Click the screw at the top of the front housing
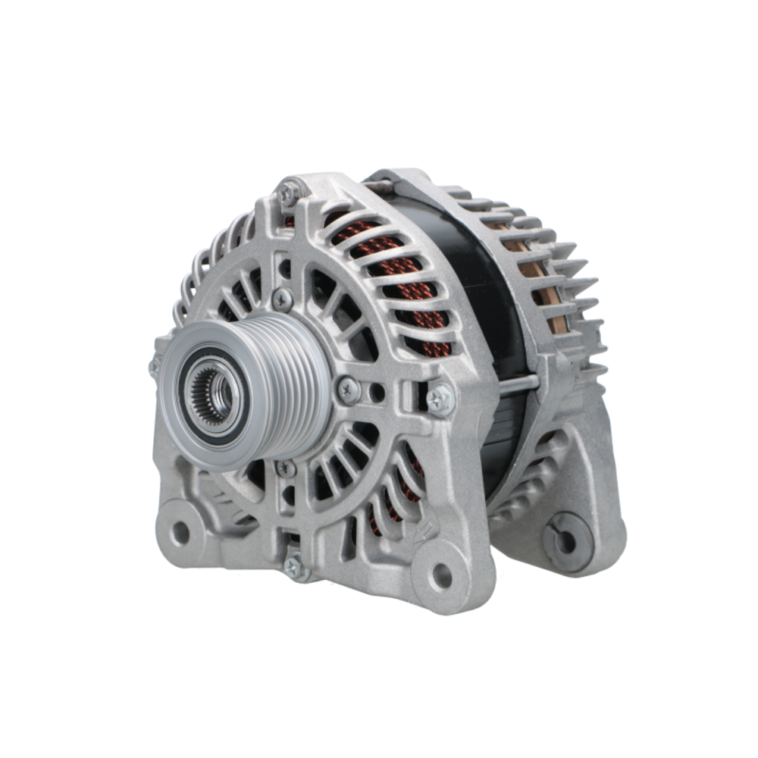pyautogui.click(x=287, y=193)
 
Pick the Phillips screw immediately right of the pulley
pyautogui.click(x=348, y=391)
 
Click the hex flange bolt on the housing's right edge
pyautogui.click(x=440, y=399)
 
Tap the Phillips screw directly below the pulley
pyautogui.click(x=285, y=468)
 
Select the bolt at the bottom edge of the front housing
pyautogui.click(x=294, y=566)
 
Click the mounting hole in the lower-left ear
pyautogui.click(x=180, y=533)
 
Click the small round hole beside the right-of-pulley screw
pyautogui.click(x=377, y=393)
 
